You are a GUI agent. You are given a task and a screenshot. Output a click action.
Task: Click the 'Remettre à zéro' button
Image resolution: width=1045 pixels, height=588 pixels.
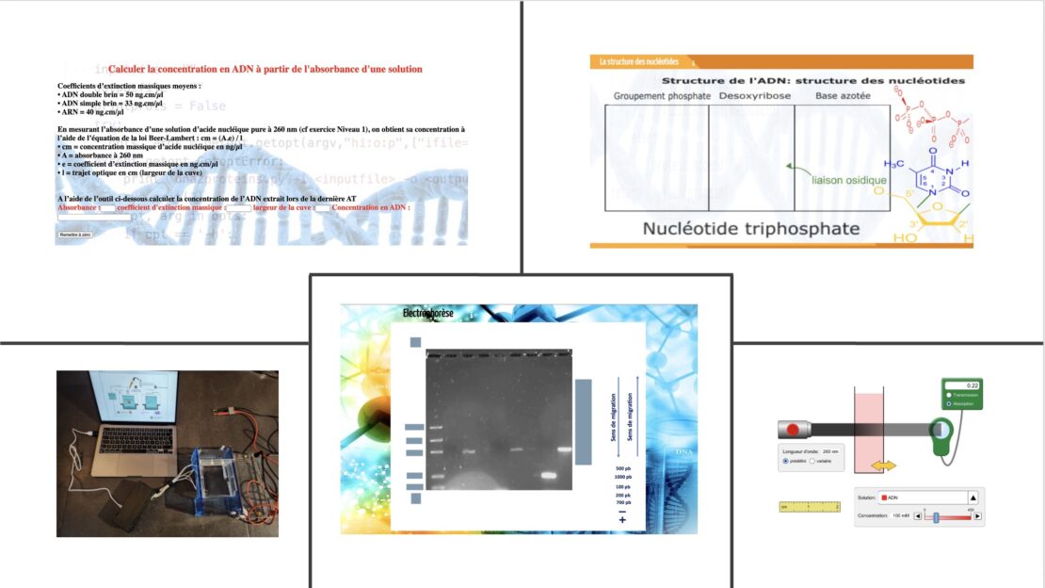(74, 234)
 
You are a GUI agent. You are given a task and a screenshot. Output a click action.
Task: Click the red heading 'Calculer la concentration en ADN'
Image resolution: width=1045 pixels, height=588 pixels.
(265, 69)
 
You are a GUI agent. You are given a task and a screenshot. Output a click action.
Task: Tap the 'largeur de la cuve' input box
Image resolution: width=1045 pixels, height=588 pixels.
(321, 207)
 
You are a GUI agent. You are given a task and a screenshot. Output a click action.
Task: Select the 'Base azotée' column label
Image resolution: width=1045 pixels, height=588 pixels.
(844, 96)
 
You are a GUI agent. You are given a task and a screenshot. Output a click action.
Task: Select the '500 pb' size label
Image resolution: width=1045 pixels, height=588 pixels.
(622, 468)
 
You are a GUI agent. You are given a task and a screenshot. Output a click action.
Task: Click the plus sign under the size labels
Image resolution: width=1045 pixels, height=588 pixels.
(622, 520)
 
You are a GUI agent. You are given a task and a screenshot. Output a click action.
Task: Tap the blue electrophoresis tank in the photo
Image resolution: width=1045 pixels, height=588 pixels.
(217, 482)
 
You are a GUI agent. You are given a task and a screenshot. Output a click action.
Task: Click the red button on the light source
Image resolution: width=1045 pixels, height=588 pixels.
(794, 430)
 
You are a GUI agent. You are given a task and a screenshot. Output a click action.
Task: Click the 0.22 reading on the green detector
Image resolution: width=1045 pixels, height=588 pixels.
(973, 385)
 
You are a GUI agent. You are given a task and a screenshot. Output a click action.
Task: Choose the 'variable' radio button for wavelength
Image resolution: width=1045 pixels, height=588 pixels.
(816, 461)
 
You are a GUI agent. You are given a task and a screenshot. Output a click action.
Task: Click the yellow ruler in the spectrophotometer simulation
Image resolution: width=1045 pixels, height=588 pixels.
(810, 507)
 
